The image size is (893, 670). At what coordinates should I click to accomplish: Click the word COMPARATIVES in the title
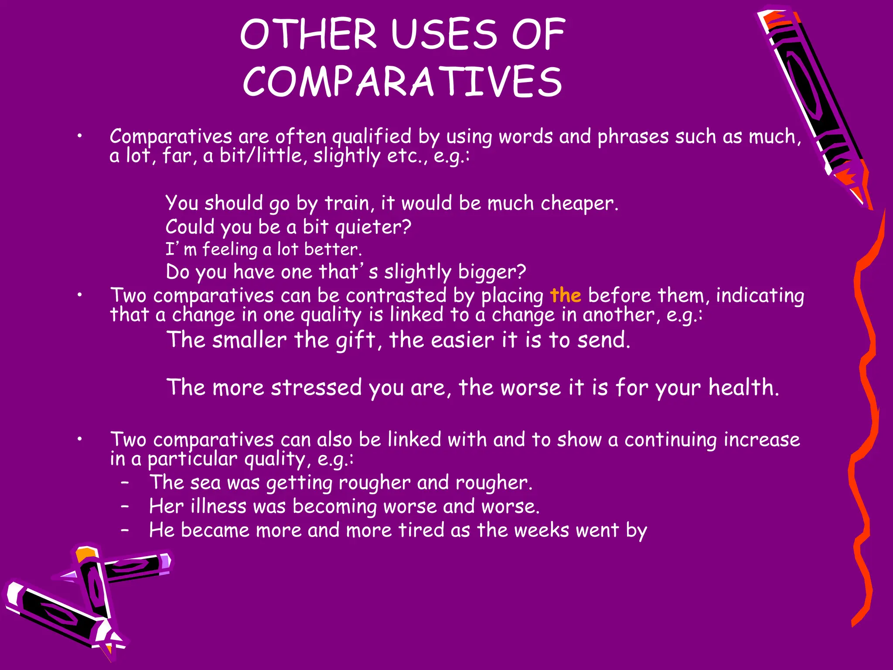tap(402, 81)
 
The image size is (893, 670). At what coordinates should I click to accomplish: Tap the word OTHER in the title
tap(308, 34)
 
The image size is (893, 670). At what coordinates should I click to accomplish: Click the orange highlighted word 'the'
tap(566, 295)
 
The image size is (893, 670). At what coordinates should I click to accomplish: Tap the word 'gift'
tap(355, 340)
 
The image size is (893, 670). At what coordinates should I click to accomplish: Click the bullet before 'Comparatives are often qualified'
tap(79, 137)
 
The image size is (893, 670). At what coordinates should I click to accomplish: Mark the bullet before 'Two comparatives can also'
tap(79, 440)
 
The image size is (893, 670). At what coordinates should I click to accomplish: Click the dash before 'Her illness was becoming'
tap(125, 506)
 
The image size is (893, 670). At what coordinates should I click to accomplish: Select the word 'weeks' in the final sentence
tap(541, 530)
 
